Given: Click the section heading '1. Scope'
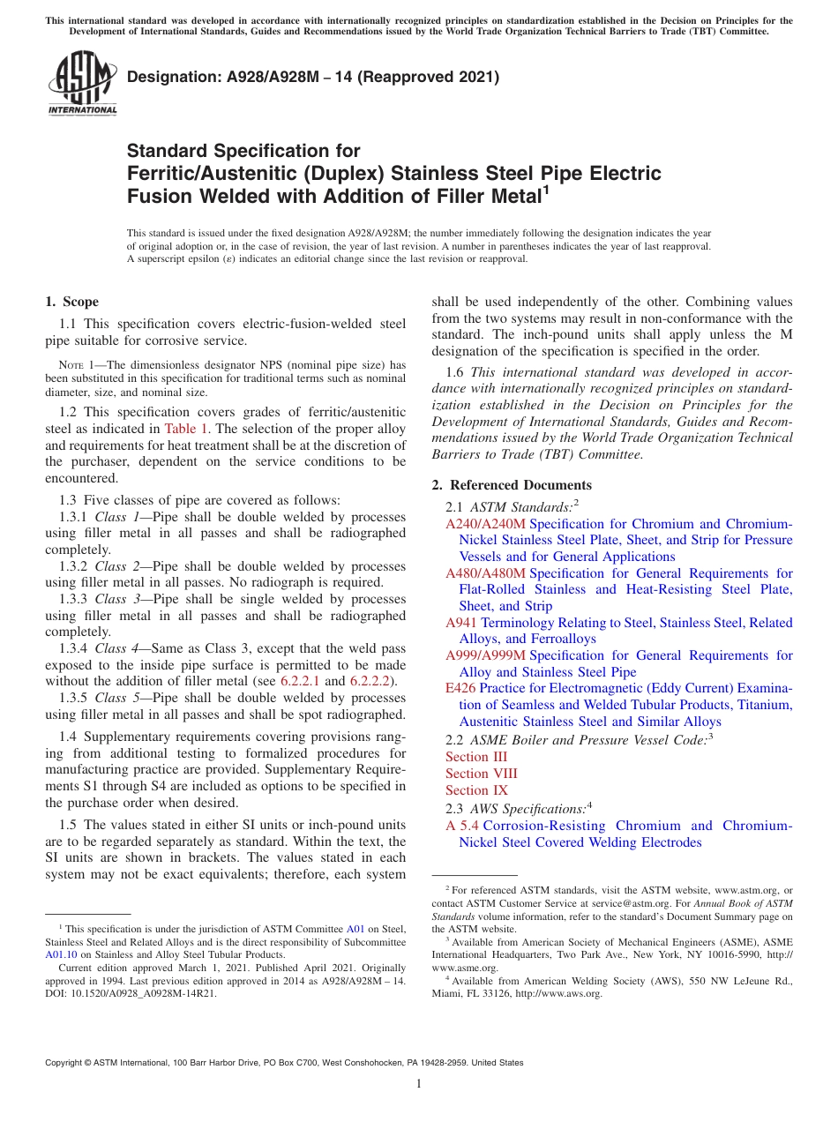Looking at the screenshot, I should pyautogui.click(x=71, y=302).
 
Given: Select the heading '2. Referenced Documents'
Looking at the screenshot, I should pyautogui.click(x=512, y=485).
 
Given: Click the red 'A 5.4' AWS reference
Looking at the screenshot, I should pyautogui.click(x=462, y=826).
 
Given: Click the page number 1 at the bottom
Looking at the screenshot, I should pyautogui.click(x=419, y=1084).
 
